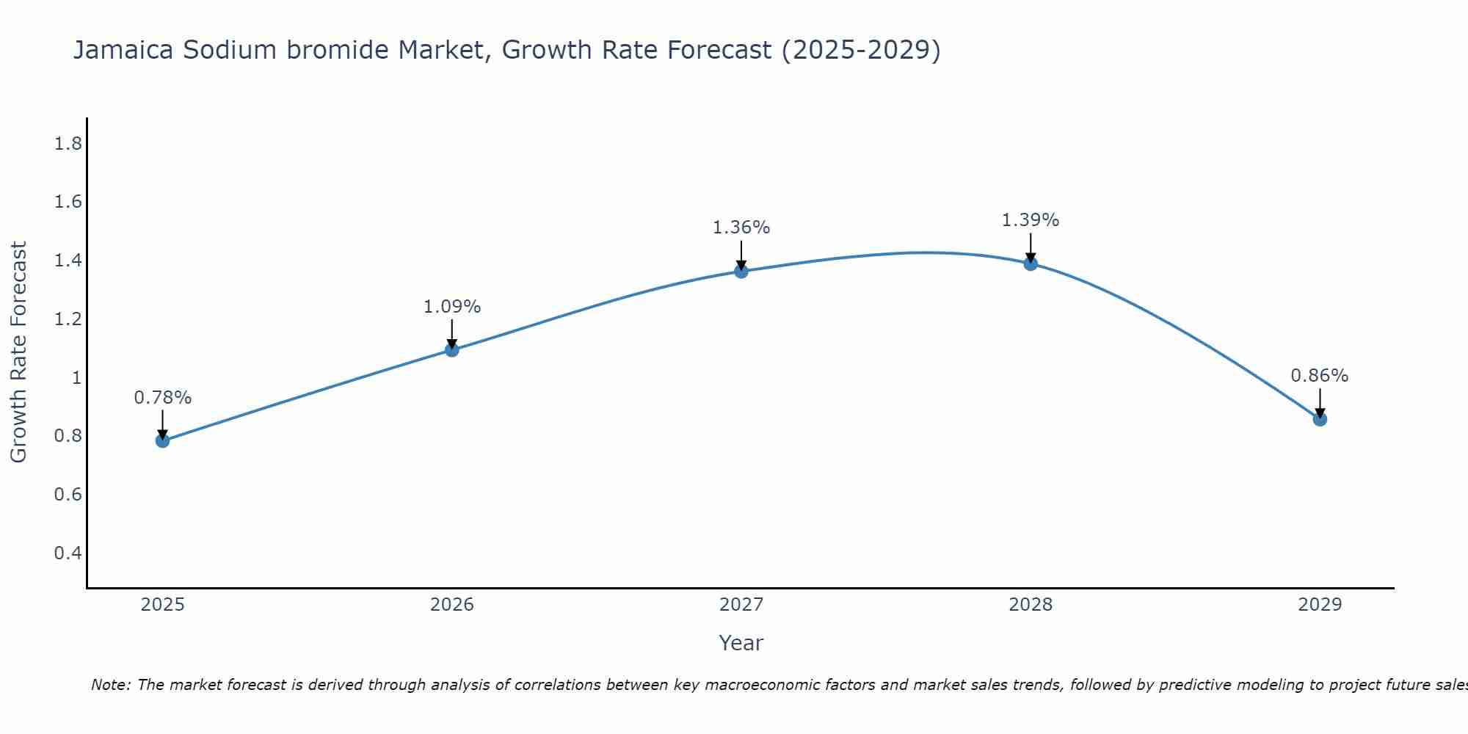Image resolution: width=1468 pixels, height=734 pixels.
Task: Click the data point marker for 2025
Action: coord(162,440)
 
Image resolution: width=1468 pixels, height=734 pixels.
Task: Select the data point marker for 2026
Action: coord(452,350)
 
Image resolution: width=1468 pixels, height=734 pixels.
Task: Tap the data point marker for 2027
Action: coord(741,271)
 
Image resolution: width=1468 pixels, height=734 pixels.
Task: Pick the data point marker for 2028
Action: coord(1031,264)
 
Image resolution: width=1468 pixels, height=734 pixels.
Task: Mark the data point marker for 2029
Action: coord(1320,419)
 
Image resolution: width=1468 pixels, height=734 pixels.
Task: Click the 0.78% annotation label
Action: coord(162,398)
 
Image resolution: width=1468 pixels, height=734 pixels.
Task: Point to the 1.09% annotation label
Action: coord(452,307)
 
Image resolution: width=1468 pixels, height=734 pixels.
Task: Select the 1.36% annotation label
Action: coord(741,228)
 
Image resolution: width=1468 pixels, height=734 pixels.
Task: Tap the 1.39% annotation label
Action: coord(1031,220)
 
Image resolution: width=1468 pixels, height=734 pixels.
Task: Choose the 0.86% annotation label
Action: coord(1320,376)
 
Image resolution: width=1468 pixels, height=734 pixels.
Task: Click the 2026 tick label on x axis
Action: coord(452,605)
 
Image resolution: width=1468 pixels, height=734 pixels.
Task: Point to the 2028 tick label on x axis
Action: coord(1031,605)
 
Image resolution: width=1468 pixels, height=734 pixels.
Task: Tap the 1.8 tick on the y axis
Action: coord(68,144)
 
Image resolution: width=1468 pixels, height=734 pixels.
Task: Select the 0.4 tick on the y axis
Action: coord(68,553)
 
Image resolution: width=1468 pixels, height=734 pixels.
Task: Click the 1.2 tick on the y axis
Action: coord(68,319)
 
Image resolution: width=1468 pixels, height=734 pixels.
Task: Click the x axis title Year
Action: coord(741,643)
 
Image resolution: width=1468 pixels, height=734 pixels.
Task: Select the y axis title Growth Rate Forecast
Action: coord(19,352)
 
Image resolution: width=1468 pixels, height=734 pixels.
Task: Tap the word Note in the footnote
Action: coord(109,685)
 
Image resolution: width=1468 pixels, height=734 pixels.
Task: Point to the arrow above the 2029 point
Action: coord(1320,402)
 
